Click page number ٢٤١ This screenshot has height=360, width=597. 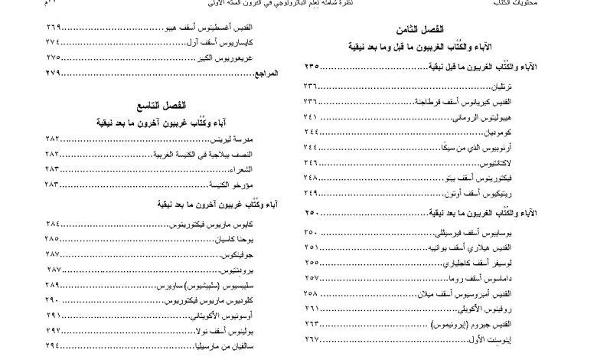(312, 116)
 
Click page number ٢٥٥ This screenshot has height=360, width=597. (312, 263)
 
